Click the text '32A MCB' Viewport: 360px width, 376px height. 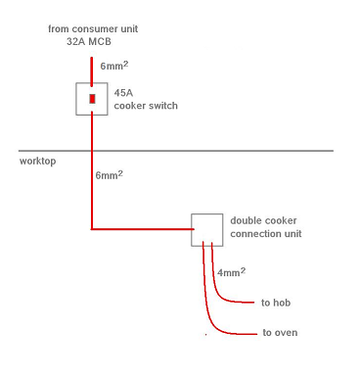click(x=89, y=41)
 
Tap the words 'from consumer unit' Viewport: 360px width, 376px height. click(x=93, y=28)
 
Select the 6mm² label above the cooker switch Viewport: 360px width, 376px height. click(x=114, y=66)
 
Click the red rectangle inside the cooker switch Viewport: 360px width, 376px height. click(x=92, y=99)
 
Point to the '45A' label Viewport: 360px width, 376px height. click(x=123, y=93)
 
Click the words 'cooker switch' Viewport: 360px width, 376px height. click(x=146, y=106)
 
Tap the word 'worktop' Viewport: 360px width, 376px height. click(x=37, y=161)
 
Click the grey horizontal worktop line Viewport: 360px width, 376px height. click(x=176, y=151)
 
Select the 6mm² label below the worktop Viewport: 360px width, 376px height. click(x=110, y=175)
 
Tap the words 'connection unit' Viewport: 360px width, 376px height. click(x=266, y=234)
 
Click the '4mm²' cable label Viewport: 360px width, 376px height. click(x=231, y=272)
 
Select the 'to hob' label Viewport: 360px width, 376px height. click(x=276, y=303)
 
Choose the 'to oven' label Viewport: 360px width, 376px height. click(x=280, y=333)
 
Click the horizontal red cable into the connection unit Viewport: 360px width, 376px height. click(x=143, y=229)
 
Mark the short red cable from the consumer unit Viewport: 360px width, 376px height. click(x=92, y=71)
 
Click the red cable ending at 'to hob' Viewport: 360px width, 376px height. click(x=218, y=292)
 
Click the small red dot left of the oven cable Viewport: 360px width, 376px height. click(x=205, y=334)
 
